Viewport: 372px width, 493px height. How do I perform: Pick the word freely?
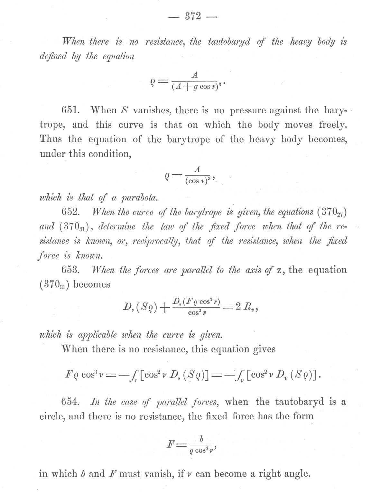point(333,125)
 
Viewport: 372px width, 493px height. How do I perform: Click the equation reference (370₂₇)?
point(332,212)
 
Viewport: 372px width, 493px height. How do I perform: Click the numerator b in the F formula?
point(202,439)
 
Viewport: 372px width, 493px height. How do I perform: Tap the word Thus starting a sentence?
point(51,139)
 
